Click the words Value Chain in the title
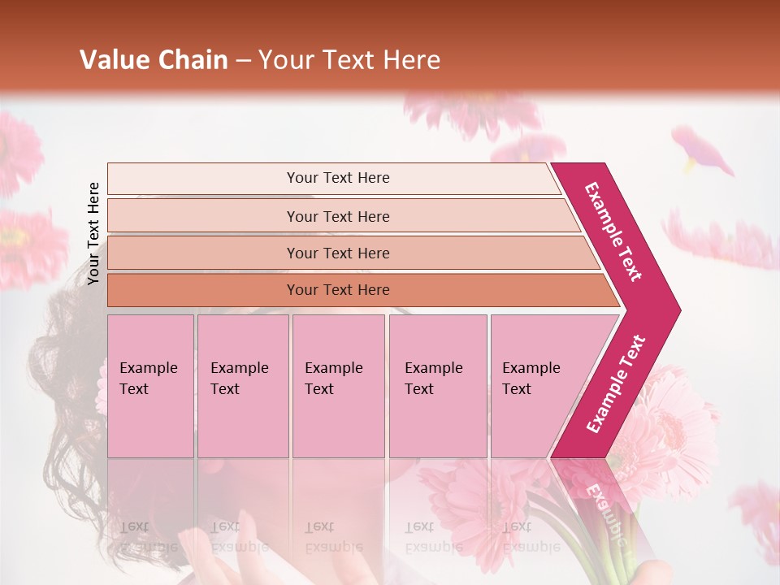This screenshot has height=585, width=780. click(154, 60)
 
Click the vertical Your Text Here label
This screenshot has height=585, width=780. click(93, 233)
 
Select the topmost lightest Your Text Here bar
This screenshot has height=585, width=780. click(337, 178)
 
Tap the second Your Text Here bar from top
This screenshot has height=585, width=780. click(337, 216)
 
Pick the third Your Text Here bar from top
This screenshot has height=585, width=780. click(337, 253)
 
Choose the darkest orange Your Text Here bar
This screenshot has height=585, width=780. click(337, 290)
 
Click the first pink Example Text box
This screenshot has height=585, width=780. click(150, 386)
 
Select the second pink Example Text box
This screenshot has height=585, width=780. click(242, 386)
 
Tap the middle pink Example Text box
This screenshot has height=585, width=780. click(338, 386)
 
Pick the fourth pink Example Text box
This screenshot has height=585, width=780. click(437, 386)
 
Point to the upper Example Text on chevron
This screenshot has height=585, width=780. click(613, 231)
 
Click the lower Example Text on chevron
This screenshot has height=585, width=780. click(616, 384)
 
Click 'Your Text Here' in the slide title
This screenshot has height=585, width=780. click(349, 60)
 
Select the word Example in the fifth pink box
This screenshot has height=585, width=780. click(531, 368)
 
